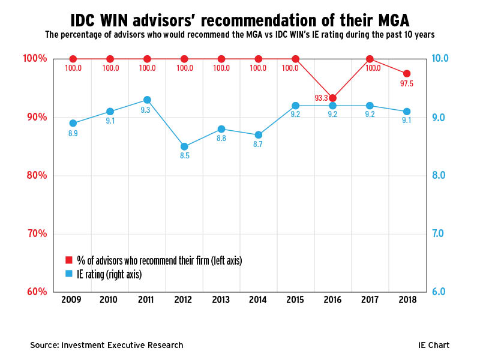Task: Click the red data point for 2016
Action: [x=333, y=98]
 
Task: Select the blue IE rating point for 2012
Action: [x=184, y=146]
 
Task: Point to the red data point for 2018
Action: [x=407, y=73]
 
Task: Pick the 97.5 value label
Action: [x=407, y=83]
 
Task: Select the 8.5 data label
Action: [x=184, y=157]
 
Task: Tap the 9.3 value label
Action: [x=146, y=110]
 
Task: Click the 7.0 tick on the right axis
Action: [x=439, y=233]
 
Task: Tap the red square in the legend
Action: [x=69, y=260]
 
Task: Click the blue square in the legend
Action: [x=69, y=274]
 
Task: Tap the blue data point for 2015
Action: [x=296, y=106]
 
